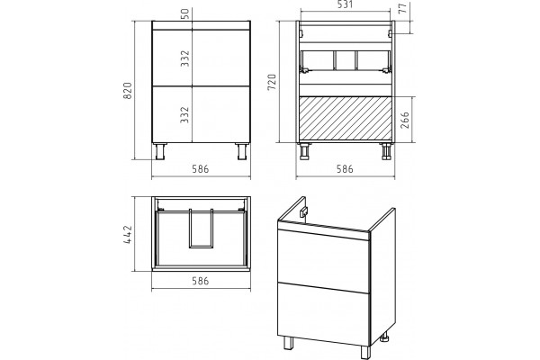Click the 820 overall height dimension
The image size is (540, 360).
coord(128,91)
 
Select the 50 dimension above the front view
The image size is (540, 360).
coord(184,13)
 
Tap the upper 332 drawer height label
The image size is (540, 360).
coord(184,58)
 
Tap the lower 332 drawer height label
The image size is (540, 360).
coord(184,114)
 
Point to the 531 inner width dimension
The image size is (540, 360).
coord(345,4)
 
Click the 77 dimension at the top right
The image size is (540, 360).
coord(403,7)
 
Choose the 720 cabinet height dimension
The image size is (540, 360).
coord(272,82)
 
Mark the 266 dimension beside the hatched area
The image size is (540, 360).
coord(405,120)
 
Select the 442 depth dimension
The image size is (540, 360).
coord(128,235)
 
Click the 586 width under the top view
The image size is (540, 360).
coord(201,281)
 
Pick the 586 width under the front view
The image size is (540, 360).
coord(201,169)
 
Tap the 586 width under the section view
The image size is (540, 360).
coord(345,169)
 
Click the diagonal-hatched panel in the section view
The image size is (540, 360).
coord(346,118)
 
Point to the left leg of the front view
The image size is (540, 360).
coord(160,151)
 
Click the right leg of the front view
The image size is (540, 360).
coord(242,151)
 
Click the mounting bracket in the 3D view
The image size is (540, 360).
coord(303,212)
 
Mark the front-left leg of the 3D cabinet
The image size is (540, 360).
coord(288,343)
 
